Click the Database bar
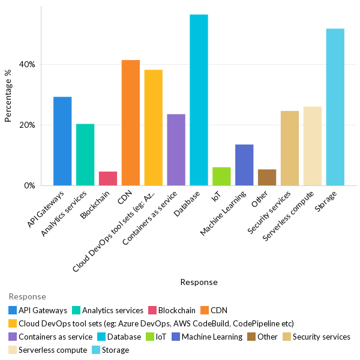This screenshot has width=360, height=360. (x=199, y=100)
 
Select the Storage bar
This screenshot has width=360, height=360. (x=335, y=107)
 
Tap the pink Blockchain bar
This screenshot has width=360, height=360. (x=108, y=179)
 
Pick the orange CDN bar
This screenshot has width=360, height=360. (x=130, y=123)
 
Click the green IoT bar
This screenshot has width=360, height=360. (x=221, y=176)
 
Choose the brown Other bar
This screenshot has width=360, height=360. (x=267, y=178)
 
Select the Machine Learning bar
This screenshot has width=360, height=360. (x=244, y=165)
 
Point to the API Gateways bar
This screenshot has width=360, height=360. (x=62, y=141)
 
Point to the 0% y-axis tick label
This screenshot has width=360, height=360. (x=30, y=186)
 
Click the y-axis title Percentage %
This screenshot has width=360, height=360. (x=8, y=96)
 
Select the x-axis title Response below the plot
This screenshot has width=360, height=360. (x=199, y=282)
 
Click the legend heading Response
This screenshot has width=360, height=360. (x=27, y=296)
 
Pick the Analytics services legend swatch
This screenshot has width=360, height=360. (x=76, y=310)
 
